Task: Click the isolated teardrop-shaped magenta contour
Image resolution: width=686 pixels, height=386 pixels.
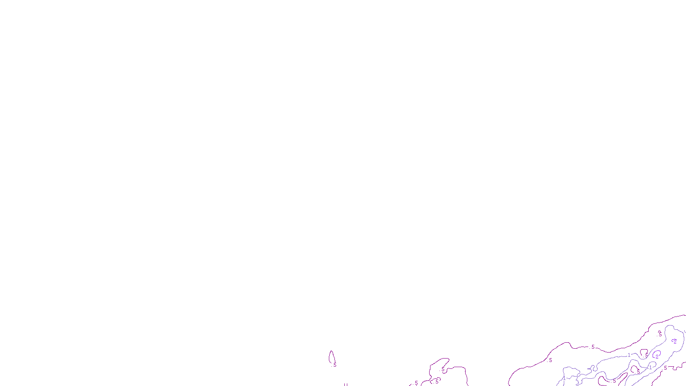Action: point(331,357)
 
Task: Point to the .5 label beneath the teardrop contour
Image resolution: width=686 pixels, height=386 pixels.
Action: point(334,365)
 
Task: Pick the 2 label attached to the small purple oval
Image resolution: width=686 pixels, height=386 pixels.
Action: point(657,356)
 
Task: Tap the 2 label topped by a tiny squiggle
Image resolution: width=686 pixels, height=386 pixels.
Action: point(675,342)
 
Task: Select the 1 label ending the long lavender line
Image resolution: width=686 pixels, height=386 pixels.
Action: point(629,355)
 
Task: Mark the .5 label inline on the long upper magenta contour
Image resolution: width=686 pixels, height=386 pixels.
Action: point(593,347)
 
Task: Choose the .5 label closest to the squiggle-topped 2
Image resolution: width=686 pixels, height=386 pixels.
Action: point(660,334)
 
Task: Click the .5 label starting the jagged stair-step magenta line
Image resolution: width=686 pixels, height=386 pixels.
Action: point(665,368)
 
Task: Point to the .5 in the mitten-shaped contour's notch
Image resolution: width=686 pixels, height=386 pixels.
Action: point(442,369)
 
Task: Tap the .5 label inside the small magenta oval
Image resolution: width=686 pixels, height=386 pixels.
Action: point(436,381)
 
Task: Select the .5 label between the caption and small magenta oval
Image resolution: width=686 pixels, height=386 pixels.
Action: point(416,383)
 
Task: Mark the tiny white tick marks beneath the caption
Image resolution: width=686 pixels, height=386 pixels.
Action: point(345,384)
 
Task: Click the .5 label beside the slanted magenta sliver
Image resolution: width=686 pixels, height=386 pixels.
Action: point(614,380)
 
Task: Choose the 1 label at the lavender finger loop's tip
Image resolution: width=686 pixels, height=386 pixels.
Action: point(650,368)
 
